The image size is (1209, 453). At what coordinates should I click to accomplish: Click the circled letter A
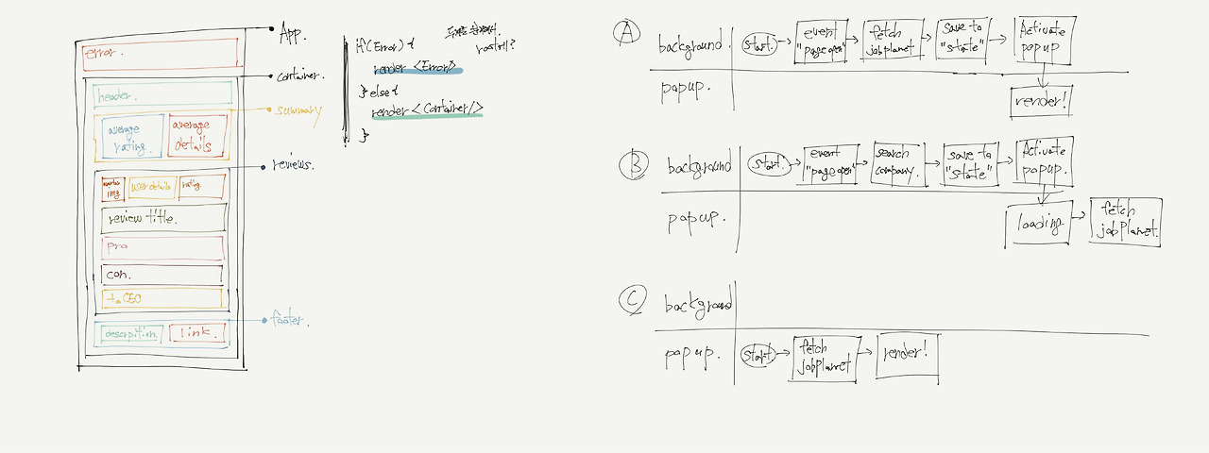tap(626, 33)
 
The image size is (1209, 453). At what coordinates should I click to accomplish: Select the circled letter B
tap(633, 165)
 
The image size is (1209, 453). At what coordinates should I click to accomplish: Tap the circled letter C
tap(631, 300)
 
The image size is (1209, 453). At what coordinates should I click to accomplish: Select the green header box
tap(162, 94)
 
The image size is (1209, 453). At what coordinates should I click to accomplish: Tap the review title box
tap(162, 219)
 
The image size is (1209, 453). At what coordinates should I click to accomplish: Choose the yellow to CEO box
tap(162, 298)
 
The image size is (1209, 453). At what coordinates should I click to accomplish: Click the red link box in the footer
tap(198, 333)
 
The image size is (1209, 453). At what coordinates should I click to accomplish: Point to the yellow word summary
tap(298, 110)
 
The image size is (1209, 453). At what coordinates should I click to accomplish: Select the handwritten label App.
tap(294, 36)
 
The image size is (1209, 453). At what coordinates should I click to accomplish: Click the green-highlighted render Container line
tap(427, 112)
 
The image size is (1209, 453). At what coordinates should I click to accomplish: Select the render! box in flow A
tap(1042, 101)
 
